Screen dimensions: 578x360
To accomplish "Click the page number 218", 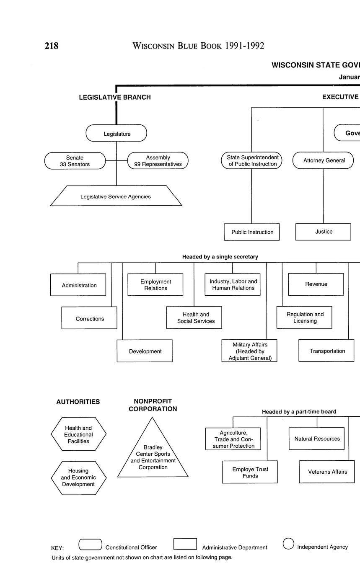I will [x=52, y=46].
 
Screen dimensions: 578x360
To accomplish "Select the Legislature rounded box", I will [x=117, y=134].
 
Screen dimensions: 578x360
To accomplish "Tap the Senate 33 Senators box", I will [x=75, y=161].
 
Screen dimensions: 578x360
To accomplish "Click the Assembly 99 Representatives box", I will [x=158, y=161].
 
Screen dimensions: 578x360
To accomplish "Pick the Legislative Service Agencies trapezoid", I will [x=116, y=196].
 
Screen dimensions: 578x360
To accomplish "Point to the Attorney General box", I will [x=324, y=160].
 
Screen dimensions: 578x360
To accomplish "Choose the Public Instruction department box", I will [x=252, y=232].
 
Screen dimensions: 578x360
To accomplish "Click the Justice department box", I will [x=323, y=232].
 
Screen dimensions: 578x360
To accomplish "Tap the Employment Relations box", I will [x=155, y=285].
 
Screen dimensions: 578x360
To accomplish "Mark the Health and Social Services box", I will [x=194, y=317].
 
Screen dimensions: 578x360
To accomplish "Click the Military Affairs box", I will [x=249, y=351].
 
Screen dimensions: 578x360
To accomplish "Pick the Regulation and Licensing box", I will [x=304, y=317].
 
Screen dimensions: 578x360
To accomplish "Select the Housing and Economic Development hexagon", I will [x=78, y=477].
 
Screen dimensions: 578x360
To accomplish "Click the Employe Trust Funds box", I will [x=250, y=472].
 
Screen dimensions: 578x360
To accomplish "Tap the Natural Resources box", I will [x=316, y=439].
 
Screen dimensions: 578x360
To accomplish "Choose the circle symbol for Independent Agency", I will [x=288, y=543].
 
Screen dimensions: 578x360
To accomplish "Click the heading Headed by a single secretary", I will [x=220, y=257].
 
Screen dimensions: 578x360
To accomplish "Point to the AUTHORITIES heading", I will [x=78, y=402].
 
